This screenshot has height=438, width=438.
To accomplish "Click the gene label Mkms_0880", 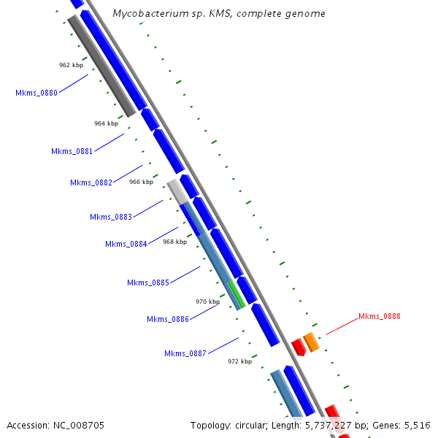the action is coord(36,93).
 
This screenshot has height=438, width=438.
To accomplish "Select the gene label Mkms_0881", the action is coord(72,151).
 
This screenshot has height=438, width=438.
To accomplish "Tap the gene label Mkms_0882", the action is coord(91,182).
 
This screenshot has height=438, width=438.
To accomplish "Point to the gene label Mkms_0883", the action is coord(111,217).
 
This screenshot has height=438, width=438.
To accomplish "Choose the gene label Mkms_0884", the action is coord(126,244).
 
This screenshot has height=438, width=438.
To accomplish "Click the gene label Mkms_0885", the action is coord(148,283).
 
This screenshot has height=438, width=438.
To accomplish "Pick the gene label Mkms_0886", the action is coord(168,319).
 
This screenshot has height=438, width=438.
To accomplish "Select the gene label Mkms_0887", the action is coord(185,353).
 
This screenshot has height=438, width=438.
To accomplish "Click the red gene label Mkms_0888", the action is coord(379,316).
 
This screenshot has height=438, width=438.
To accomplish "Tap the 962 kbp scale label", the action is coord(71,65).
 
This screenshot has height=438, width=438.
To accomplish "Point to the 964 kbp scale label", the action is coord(106,123).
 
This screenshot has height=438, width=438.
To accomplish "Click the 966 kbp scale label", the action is coord(141,182).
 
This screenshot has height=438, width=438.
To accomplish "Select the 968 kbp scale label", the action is coord(174,242).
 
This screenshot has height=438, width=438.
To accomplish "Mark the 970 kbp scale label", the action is coord(207,301).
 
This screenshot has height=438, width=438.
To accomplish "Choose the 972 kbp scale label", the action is coord(239,361).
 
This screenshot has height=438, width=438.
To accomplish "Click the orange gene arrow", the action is coord(311,341).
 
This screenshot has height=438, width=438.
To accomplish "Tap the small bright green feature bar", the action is coord(237,293).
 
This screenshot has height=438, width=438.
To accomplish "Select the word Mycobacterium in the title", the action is coord(145,14).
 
